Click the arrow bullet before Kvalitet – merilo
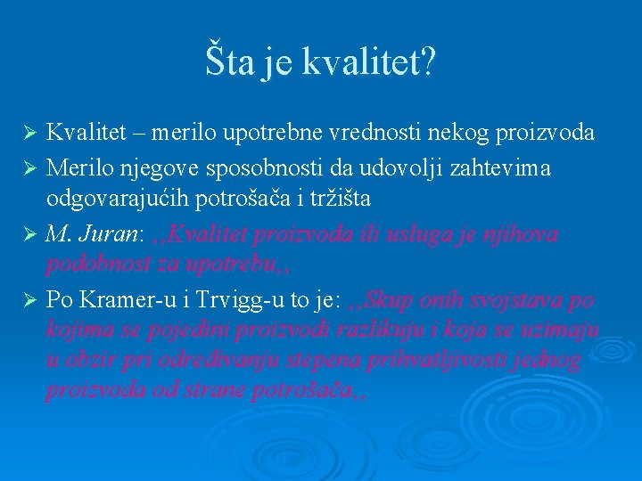[x=29, y=134]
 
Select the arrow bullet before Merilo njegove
[x=29, y=168]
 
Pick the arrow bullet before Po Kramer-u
[x=29, y=299]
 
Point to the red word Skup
[x=389, y=299]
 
